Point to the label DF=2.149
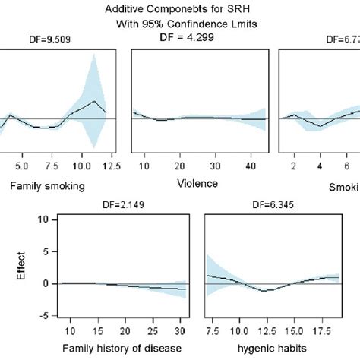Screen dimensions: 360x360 click(x=124, y=204)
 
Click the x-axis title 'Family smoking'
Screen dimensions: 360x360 click(x=47, y=185)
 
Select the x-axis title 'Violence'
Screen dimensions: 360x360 click(x=197, y=183)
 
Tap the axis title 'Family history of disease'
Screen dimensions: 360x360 click(x=124, y=350)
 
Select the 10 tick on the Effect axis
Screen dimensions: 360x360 click(x=47, y=219)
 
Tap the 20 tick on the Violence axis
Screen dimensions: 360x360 click(x=178, y=166)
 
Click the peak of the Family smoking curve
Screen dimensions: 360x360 click(x=94, y=101)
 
